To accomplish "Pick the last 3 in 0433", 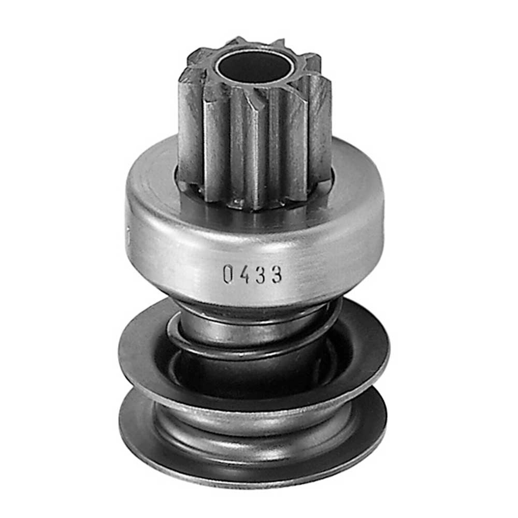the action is pyautogui.click(x=277, y=274).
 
